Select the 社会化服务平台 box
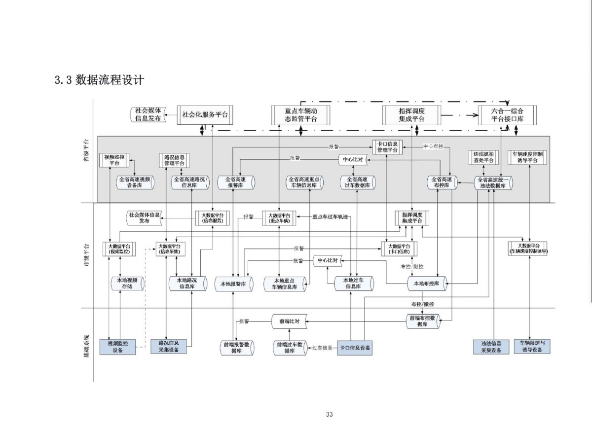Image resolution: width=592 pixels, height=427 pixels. [x=205, y=114]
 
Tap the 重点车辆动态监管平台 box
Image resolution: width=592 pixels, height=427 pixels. [x=300, y=114]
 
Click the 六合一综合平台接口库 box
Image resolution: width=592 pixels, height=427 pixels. [x=507, y=114]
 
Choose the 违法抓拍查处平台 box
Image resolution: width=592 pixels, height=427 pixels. [x=483, y=157]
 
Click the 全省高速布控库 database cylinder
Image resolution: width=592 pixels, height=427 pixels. [x=441, y=182]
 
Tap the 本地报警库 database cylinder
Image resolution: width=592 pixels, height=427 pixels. [x=233, y=284]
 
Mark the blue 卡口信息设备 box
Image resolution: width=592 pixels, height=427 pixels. [x=355, y=347]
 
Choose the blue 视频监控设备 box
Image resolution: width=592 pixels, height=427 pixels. [x=117, y=347]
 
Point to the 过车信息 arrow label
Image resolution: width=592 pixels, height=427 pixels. [x=323, y=348]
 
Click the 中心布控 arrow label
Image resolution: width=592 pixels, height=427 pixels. [x=433, y=146]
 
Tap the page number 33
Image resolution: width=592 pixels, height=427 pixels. [x=330, y=414]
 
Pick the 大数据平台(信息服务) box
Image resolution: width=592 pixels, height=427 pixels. [x=213, y=218]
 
